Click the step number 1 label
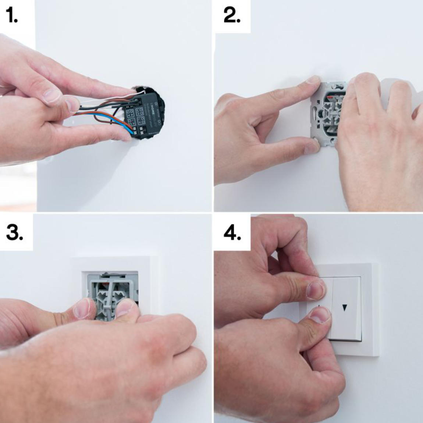pos(12,16)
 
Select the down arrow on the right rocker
pos(344,308)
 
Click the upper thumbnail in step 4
pos(316,289)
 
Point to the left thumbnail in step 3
pos(86,308)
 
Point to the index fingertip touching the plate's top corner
pos(313,81)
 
